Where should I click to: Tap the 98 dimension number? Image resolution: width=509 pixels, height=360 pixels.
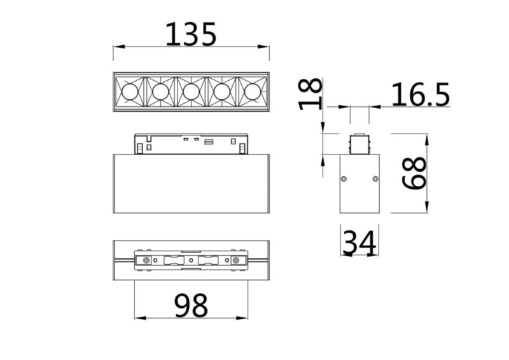point(191,305)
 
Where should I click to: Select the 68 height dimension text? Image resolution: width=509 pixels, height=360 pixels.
point(414,173)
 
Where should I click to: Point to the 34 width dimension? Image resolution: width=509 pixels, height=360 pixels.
point(359,242)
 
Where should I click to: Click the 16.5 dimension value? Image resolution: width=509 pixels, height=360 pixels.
point(421,95)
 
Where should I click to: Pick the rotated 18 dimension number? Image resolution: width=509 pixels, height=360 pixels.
point(310,94)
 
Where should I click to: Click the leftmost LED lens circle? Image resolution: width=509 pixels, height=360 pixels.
point(130,92)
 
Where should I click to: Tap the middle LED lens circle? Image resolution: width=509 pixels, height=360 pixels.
point(191,92)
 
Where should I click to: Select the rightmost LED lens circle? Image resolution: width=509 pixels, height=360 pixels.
point(253,92)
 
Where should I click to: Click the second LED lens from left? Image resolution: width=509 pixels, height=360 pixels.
point(160,92)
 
